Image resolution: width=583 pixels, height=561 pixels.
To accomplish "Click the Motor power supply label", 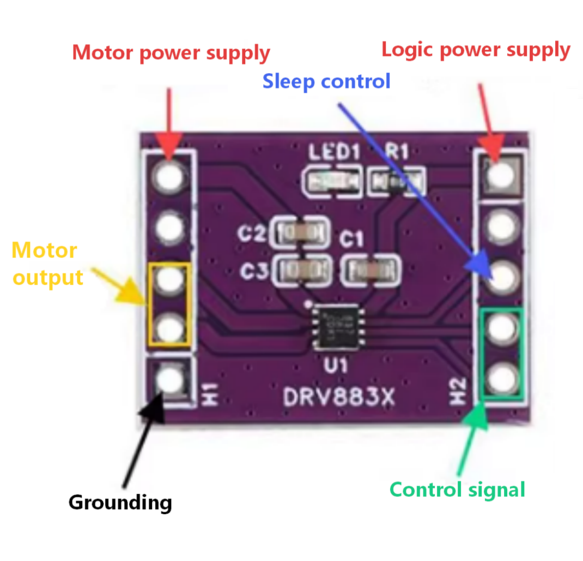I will [171, 53].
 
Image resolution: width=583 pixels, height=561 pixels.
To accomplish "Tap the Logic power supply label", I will [475, 50].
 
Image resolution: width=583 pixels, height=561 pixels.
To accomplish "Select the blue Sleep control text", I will [326, 81].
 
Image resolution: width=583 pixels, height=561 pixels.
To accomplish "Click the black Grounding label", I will [120, 502].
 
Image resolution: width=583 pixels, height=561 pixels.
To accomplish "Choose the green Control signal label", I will [457, 489].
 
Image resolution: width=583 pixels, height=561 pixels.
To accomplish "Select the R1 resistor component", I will [396, 181].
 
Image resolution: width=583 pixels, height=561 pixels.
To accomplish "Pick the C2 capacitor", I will [302, 234].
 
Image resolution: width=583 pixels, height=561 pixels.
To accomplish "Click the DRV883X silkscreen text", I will [338, 397].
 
